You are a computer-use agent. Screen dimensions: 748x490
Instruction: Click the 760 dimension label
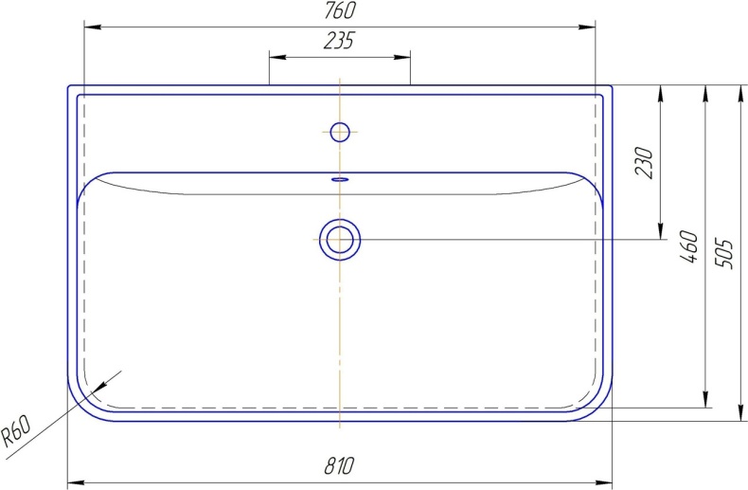340,11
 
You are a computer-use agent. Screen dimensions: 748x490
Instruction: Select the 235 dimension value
339,41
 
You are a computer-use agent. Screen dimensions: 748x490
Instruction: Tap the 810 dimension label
339,465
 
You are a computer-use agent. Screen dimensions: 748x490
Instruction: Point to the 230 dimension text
645,163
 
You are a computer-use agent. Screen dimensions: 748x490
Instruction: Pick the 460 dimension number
689,246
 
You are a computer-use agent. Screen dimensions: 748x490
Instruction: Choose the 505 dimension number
723,254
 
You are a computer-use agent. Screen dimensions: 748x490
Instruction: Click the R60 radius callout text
16,431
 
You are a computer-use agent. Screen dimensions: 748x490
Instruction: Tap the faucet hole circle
340,132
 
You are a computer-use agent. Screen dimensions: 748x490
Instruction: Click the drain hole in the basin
340,239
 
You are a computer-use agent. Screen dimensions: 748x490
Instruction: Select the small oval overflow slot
340,179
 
